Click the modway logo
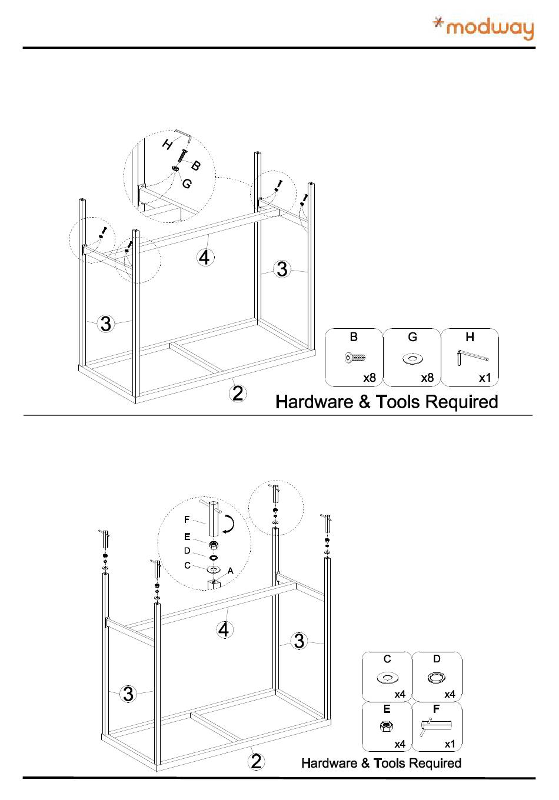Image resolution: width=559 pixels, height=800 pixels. [x=483, y=28]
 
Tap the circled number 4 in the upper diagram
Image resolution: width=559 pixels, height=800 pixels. [x=205, y=258]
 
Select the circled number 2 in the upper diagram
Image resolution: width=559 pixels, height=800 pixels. [x=237, y=392]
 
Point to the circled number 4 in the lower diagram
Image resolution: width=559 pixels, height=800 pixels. [x=224, y=630]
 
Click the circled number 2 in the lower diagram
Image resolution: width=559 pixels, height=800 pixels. [x=256, y=761]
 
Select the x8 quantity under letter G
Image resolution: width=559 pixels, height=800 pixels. [x=427, y=378]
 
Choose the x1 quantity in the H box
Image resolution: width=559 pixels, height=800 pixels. [x=484, y=378]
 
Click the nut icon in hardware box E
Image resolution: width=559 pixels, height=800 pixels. [x=386, y=726]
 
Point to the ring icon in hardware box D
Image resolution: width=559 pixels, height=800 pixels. [x=436, y=678]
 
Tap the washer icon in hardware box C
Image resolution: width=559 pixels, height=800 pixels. [x=386, y=678]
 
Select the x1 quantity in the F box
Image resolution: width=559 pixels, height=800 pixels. [x=450, y=744]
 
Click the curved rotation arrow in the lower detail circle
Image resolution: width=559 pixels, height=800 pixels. [x=231, y=524]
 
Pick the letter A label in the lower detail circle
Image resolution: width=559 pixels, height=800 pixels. [x=231, y=571]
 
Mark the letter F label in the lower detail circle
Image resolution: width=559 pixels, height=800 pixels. [x=187, y=520]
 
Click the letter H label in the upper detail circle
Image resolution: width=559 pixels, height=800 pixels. [x=168, y=144]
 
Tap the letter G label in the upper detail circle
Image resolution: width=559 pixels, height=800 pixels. [x=187, y=184]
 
